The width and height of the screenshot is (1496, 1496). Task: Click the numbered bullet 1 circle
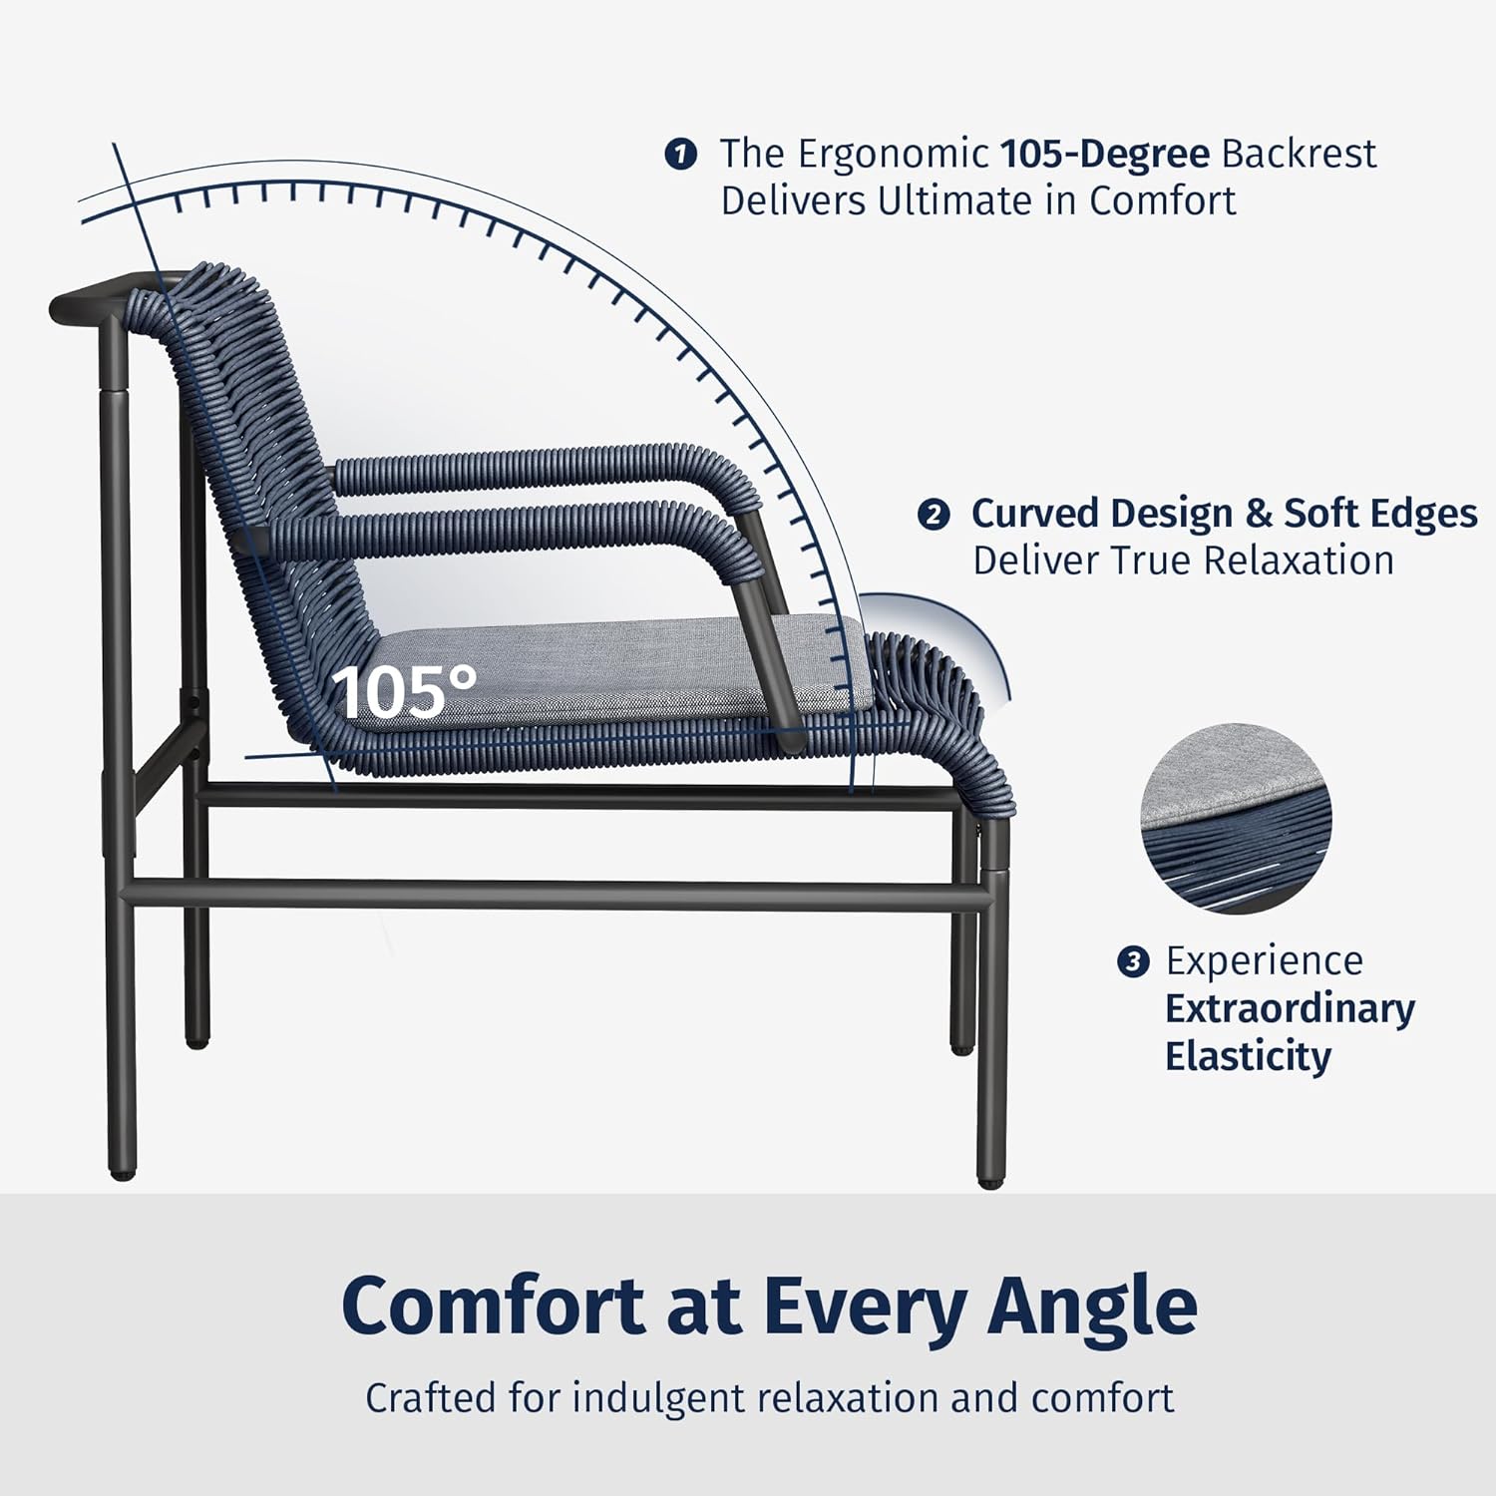click(x=680, y=155)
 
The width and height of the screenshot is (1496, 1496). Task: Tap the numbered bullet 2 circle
click(x=933, y=515)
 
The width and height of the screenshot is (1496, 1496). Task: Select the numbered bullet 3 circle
click(x=1132, y=962)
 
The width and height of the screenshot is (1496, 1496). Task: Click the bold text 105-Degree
click(x=1105, y=154)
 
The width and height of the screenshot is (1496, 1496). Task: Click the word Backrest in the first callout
click(x=1299, y=154)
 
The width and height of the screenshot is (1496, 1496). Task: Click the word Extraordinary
click(x=1290, y=1008)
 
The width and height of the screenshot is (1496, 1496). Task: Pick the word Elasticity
click(x=1248, y=1056)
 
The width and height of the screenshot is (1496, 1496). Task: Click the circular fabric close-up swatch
click(x=1237, y=818)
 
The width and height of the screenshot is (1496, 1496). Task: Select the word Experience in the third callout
click(x=1264, y=961)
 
